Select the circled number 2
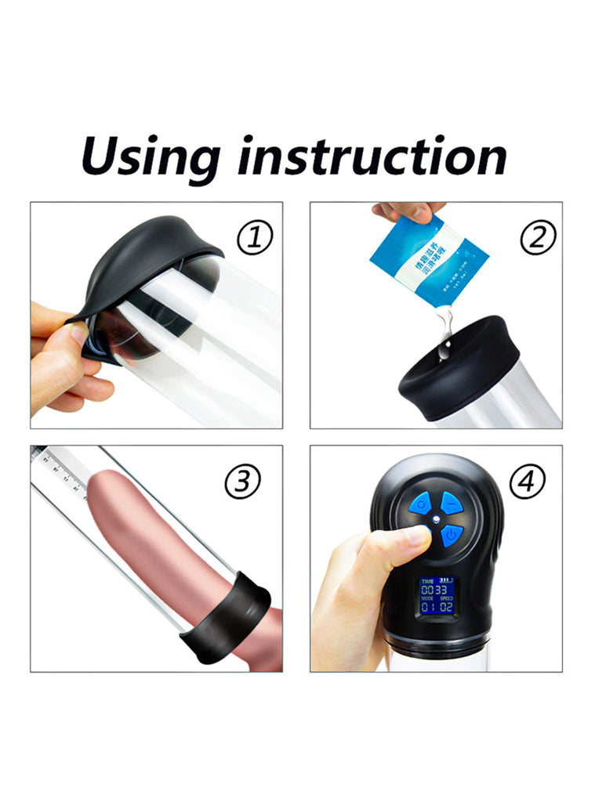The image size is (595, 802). pyautogui.click(x=537, y=237)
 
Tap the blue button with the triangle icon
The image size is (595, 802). pyautogui.click(x=451, y=502)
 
